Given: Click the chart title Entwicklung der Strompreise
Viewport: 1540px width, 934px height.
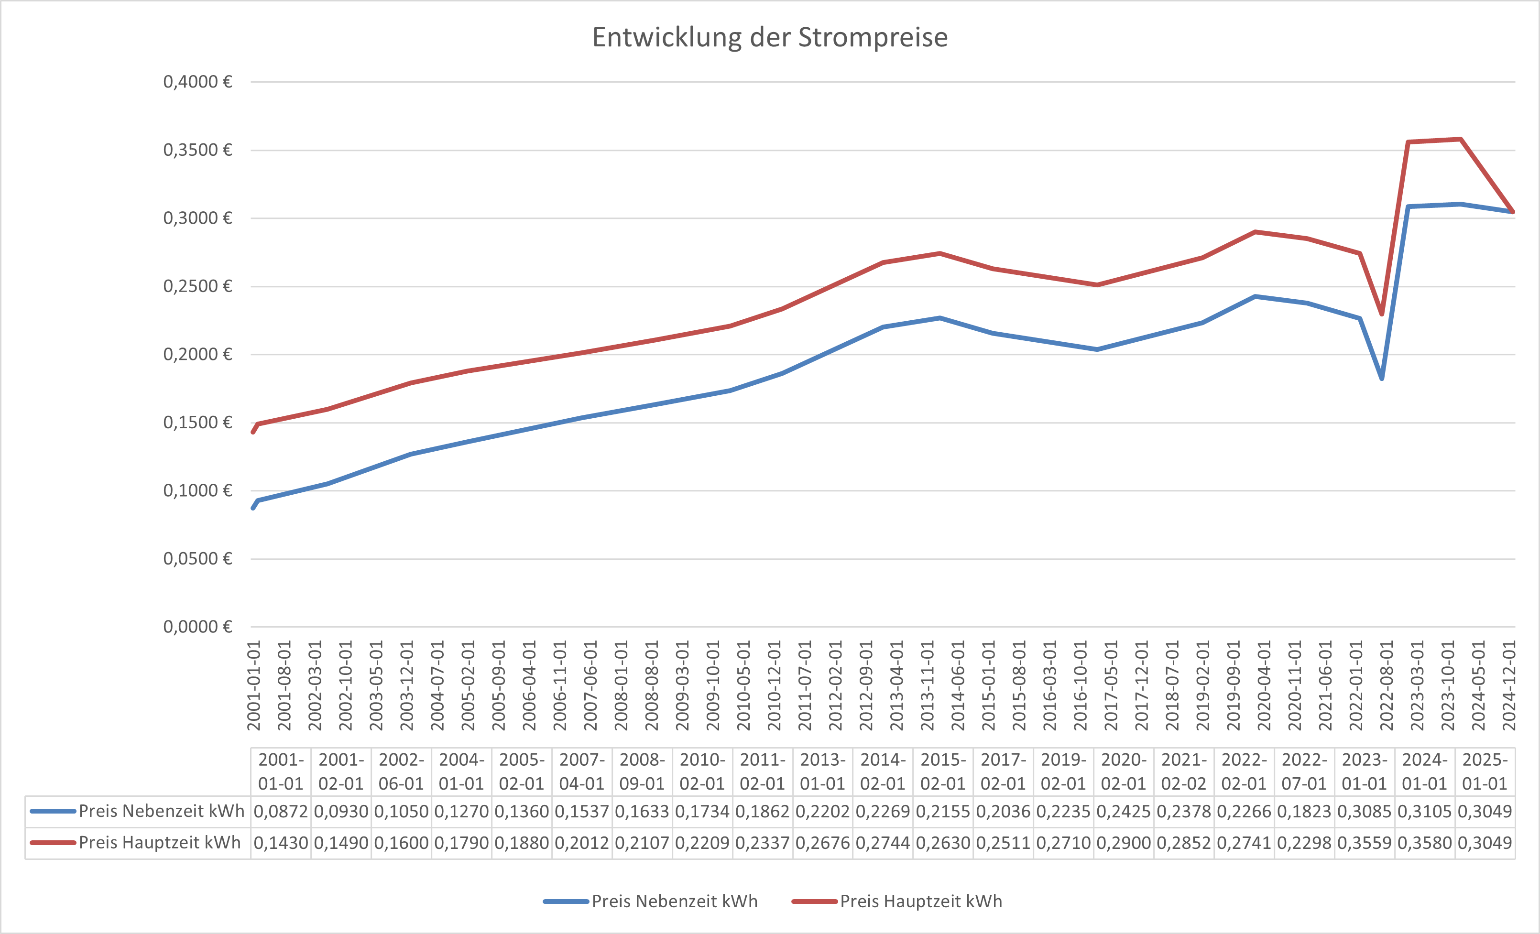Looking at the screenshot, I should (x=769, y=37).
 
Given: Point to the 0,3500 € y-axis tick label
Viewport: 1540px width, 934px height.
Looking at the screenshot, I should (x=197, y=150).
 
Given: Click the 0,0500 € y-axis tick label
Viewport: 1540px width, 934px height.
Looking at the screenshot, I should (x=197, y=558).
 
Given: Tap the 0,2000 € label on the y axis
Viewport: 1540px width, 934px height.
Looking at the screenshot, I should (x=197, y=354).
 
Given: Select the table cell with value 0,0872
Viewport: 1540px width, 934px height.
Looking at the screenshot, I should (x=281, y=812).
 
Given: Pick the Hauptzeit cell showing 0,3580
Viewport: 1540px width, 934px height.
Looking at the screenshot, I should (x=1424, y=843).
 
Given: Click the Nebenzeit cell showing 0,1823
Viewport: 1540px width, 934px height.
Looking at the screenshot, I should (x=1304, y=812).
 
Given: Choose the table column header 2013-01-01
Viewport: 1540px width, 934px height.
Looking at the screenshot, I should (x=822, y=771).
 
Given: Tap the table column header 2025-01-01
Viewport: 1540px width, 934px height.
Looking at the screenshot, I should (x=1485, y=771).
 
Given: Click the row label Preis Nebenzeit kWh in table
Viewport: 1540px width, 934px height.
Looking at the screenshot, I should (x=161, y=811).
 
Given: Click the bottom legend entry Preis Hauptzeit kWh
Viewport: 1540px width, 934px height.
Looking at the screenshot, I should (x=921, y=901).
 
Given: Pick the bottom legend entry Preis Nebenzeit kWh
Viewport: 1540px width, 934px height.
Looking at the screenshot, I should (x=674, y=901).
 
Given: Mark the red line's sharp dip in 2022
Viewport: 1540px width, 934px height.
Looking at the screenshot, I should (x=1381, y=314).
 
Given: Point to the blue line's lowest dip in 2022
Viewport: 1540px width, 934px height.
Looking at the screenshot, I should (x=1381, y=378).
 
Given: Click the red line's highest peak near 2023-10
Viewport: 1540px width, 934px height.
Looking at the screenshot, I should (x=1461, y=139).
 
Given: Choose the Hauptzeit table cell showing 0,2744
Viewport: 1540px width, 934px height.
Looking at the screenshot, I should (x=883, y=843).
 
